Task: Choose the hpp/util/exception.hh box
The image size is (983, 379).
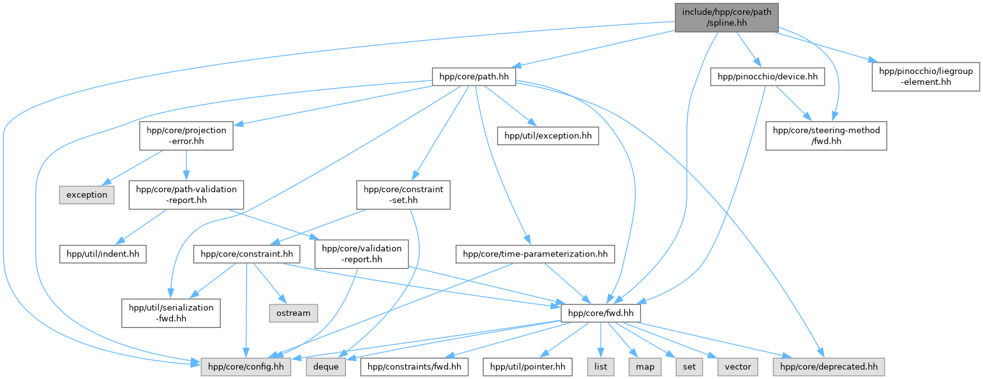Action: pyautogui.click(x=548, y=135)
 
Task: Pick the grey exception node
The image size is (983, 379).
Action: pyautogui.click(x=87, y=195)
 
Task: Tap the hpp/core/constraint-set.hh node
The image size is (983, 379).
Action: pyautogui.click(x=403, y=195)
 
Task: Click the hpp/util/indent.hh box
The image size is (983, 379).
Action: pyautogui.click(x=103, y=254)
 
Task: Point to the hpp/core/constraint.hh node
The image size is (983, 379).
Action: pyautogui.click(x=246, y=254)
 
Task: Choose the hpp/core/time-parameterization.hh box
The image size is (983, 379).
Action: pyautogui.click(x=535, y=254)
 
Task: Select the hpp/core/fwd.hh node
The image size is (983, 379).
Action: pyautogui.click(x=600, y=313)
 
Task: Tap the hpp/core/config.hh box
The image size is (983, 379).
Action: pyautogui.click(x=246, y=367)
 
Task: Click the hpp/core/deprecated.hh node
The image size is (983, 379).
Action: pyautogui.click(x=829, y=367)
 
